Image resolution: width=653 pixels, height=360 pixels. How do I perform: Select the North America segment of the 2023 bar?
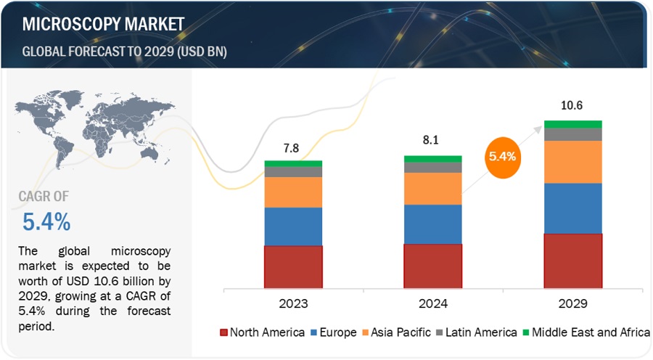[x=293, y=266]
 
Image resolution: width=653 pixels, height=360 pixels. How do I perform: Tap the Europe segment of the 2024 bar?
[x=432, y=224]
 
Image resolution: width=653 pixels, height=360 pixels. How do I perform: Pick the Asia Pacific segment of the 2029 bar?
[x=572, y=161]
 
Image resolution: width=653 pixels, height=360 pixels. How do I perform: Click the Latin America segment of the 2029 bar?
[x=572, y=134]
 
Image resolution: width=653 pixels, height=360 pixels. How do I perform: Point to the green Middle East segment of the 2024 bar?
[x=432, y=159]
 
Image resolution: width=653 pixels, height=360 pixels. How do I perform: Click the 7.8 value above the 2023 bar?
[x=291, y=148]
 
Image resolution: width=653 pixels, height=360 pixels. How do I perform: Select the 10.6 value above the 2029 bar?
[x=572, y=106]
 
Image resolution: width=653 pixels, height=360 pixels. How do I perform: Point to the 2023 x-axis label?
[x=293, y=303]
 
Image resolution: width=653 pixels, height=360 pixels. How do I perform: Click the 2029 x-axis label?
[x=572, y=303]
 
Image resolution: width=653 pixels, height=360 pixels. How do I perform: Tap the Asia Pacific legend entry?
[x=397, y=333]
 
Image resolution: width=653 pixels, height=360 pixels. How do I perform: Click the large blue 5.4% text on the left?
[x=46, y=220]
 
